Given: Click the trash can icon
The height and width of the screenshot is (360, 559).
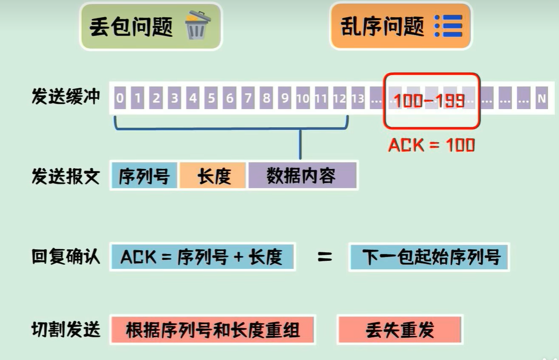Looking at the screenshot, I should pyautogui.click(x=197, y=25).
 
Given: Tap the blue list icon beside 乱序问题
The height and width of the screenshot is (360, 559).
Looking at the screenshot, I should pyautogui.click(x=449, y=25).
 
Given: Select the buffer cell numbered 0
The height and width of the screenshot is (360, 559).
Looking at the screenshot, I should pyautogui.click(x=120, y=99).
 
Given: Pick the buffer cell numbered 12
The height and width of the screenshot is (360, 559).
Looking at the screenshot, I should pyautogui.click(x=339, y=99).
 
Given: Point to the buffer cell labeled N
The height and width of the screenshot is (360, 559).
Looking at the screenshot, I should pyautogui.click(x=541, y=99).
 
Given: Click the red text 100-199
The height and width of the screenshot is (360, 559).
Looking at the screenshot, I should pyautogui.click(x=429, y=100).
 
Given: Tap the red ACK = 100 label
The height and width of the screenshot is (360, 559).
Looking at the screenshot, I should pyautogui.click(x=431, y=145).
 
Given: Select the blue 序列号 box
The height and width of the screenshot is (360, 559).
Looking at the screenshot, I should pyautogui.click(x=144, y=175).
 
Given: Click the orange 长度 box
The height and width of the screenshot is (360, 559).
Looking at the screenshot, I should pyautogui.click(x=213, y=175).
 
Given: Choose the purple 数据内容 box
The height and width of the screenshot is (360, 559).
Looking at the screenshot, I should pyautogui.click(x=302, y=175).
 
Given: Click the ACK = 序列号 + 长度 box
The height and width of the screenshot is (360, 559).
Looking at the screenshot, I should pyautogui.click(x=202, y=257).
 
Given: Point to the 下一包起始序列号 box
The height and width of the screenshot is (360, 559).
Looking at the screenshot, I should pyautogui.click(x=429, y=257).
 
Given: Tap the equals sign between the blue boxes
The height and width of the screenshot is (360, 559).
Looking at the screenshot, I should pyautogui.click(x=324, y=257).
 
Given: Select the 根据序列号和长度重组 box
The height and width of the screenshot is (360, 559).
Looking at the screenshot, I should pyautogui.click(x=213, y=330).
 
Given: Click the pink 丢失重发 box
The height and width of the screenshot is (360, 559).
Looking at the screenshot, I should pyautogui.click(x=400, y=330).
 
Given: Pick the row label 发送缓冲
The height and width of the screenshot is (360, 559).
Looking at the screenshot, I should pyautogui.click(x=66, y=98).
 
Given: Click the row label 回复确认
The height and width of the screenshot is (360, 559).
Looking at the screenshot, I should pyautogui.click(x=66, y=257).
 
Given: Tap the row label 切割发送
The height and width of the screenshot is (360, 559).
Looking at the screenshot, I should pyautogui.click(x=66, y=330).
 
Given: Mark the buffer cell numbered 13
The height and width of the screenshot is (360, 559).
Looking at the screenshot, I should pyautogui.click(x=357, y=99).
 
